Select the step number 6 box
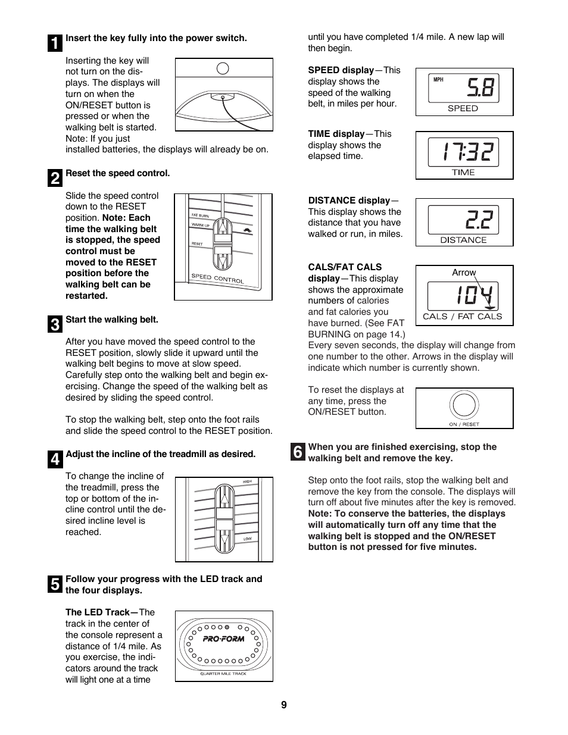click(298, 452)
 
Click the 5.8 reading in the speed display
click(480, 88)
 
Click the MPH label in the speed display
click(438, 80)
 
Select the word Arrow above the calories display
click(464, 273)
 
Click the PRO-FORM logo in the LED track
click(223, 639)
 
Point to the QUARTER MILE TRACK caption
click(223, 674)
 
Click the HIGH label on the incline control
click(247, 481)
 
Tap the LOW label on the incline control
click(247, 539)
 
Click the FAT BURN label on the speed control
click(199, 215)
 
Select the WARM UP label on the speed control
click(200, 226)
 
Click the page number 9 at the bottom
click(284, 705)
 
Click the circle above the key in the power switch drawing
click(223, 68)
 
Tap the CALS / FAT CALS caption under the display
click(462, 317)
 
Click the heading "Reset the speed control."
click(117, 173)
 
